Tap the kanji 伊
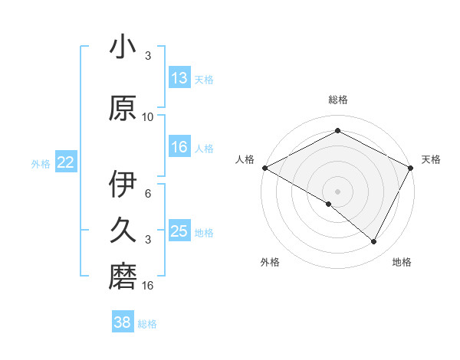(123, 185)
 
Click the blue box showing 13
(179, 78)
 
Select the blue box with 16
(179, 147)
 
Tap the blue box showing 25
(179, 231)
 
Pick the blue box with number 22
(66, 162)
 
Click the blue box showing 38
(123, 322)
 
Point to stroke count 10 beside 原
(148, 117)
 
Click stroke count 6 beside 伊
(148, 194)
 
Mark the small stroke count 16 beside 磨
(148, 286)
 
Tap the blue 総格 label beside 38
(148, 324)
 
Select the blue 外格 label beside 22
(41, 163)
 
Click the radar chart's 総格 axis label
(338, 100)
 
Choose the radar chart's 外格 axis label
(270, 262)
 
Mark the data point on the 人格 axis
(264, 167)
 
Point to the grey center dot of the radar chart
(338, 191)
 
